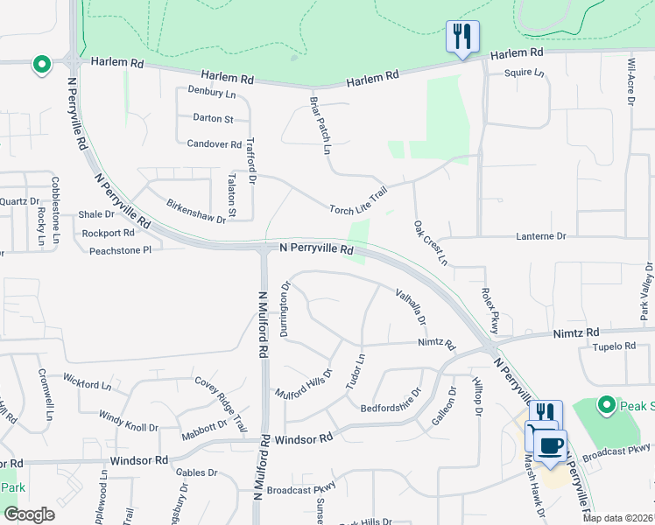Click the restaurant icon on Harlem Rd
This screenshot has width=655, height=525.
tap(462, 37)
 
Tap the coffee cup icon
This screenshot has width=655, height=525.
tap(550, 446)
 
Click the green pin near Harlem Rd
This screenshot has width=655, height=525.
tap(41, 65)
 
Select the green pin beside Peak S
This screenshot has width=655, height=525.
tap(605, 405)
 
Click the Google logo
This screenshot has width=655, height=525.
tap(30, 514)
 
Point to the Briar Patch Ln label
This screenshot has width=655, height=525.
tap(321, 125)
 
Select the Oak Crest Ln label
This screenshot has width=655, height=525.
tap(430, 243)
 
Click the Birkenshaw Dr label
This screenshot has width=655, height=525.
tap(196, 211)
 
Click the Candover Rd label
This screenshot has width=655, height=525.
tap(214, 143)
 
